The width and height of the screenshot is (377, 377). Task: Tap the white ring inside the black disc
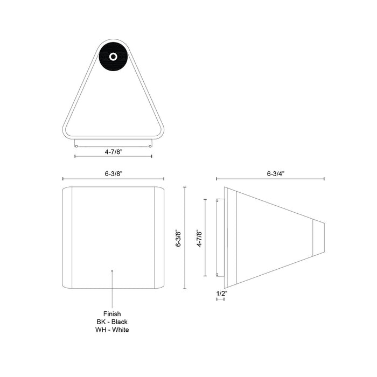coord(113,57)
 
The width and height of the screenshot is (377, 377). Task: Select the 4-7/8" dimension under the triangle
coord(113,152)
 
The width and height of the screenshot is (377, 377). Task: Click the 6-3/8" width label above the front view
coord(113,174)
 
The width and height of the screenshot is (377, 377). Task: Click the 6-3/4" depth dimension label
coord(275,174)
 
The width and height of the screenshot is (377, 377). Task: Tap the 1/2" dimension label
coord(221,293)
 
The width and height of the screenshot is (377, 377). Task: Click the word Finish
coord(112,313)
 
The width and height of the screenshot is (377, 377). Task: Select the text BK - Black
coord(112,322)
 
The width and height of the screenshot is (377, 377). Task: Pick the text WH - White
coord(112,330)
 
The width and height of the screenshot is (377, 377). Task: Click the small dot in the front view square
coord(111,270)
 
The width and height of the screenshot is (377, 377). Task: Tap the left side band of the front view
coord(67,238)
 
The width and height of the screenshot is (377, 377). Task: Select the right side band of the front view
coord(159,238)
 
